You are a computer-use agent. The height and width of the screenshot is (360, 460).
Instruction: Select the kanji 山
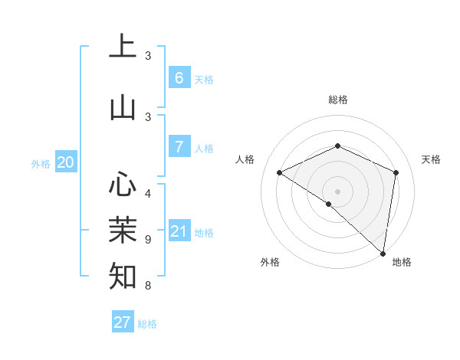(123, 107)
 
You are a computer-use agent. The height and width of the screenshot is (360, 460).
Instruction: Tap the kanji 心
(123, 185)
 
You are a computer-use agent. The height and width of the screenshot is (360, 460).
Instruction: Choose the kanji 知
(123, 275)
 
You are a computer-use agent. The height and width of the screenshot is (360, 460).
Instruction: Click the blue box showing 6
(179, 77)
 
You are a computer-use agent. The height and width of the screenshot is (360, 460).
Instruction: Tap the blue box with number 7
(179, 146)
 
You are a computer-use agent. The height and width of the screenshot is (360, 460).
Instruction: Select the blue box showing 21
(179, 231)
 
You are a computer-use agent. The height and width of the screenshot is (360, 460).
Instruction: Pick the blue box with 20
(65, 162)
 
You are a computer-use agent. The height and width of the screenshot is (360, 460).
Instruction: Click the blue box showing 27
(123, 322)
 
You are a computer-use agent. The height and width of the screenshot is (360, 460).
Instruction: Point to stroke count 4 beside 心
(148, 193)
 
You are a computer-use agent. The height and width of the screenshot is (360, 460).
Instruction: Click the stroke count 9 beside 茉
(148, 239)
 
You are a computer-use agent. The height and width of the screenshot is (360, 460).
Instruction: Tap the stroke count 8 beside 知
(148, 286)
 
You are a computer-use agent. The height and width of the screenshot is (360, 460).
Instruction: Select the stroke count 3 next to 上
(148, 55)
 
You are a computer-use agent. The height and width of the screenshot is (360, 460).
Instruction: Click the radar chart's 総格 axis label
(338, 100)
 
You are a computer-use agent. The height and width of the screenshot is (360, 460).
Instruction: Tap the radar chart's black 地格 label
(402, 262)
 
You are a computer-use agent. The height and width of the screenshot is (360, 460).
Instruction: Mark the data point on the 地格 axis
(383, 252)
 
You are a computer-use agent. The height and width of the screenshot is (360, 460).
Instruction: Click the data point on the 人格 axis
(280, 173)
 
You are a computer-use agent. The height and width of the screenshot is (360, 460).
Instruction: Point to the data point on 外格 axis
(328, 204)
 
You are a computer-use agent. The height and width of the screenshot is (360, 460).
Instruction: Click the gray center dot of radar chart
(338, 191)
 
